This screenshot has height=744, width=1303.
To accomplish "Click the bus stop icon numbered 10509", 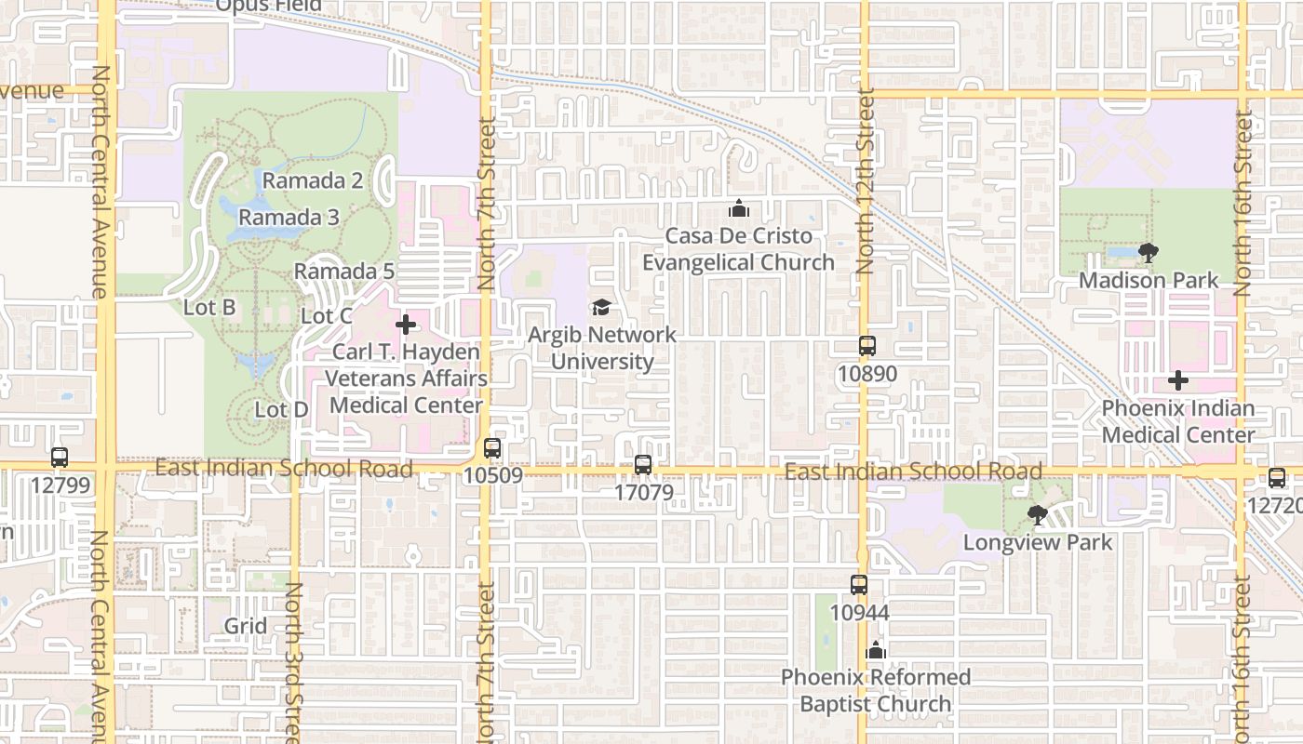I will pos(492,448).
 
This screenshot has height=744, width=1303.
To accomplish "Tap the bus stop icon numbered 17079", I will pos(643,465).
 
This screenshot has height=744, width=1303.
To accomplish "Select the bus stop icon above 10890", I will pos(867,346).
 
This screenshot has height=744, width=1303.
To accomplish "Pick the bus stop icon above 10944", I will pos(859,585).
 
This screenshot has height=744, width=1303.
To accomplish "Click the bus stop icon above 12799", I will pos(60,458).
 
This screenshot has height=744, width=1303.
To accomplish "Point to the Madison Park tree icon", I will pos(1149,252).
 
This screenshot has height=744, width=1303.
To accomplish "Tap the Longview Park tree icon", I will pos(1037,514).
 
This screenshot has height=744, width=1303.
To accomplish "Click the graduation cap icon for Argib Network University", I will pos(602,307).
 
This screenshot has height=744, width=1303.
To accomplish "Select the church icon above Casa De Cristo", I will pos(739,208).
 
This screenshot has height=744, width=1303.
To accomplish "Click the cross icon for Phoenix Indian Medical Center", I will pos(1178,380).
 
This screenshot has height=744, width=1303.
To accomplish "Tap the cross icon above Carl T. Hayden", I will pos(406,325).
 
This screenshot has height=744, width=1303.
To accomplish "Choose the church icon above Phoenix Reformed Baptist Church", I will pos(875,650).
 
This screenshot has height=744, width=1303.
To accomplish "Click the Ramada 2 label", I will pos(312,180).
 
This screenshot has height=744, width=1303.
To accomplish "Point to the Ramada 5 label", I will pos(344,272).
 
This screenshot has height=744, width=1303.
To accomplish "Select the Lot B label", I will pos(209,307).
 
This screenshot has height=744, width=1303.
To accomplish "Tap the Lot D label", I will pos(281,409).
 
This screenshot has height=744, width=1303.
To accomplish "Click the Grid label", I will pos(246,626).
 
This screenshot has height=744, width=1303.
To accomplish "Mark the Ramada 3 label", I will pos(289,218).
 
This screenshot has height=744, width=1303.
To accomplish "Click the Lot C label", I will pos(327,316).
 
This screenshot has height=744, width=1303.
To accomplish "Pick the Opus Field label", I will pos(269,7).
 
